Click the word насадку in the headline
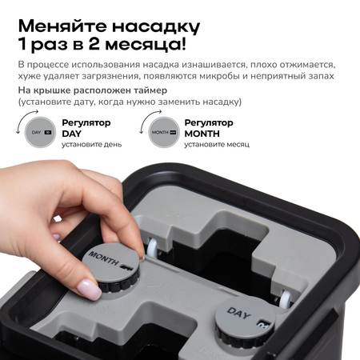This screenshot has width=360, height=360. (x=156, y=26)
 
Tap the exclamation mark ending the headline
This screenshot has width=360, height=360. (x=182, y=44)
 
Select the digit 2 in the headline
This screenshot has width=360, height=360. (x=94, y=44)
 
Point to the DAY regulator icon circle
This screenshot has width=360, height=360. (x=40, y=132)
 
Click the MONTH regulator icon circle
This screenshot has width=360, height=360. (x=164, y=132)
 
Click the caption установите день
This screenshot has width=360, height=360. (x=92, y=145)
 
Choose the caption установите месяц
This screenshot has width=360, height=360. (x=217, y=145)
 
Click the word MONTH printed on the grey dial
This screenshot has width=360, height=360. (x=103, y=258)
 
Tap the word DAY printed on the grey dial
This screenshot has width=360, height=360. (x=239, y=313)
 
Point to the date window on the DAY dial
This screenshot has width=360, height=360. (x=263, y=325)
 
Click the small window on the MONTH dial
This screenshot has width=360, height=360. (x=126, y=267)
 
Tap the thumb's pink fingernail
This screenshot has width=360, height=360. (x=89, y=289)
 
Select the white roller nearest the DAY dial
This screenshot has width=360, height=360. (x=286, y=298)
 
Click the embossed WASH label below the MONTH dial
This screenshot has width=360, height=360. (x=102, y=307)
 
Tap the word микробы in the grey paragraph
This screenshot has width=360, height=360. (x=219, y=76)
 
